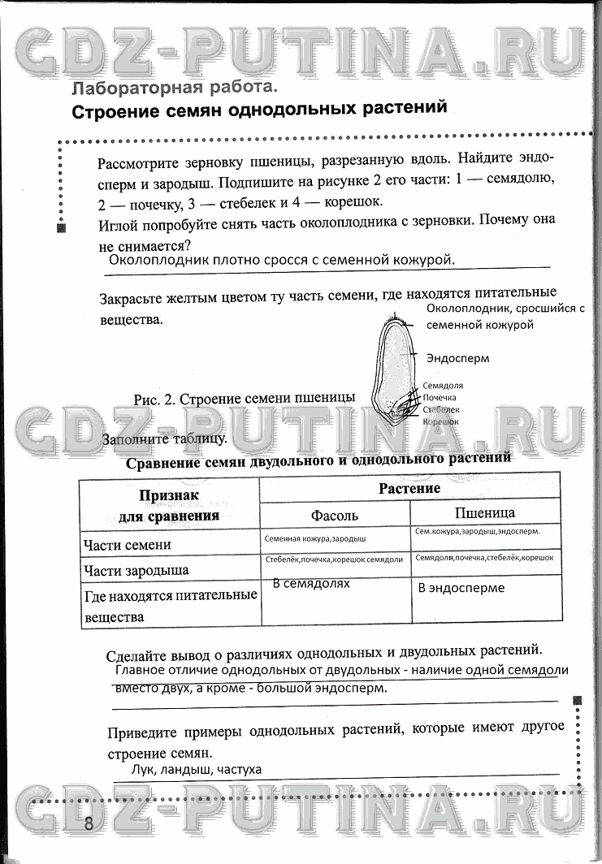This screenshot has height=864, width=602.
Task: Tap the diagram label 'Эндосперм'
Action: point(458,357)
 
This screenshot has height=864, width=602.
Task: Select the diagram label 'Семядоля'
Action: point(443,387)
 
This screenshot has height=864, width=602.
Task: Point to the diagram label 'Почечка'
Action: point(440,398)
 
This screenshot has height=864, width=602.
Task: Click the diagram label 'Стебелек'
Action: point(441,410)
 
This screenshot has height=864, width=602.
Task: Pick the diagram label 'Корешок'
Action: point(440,421)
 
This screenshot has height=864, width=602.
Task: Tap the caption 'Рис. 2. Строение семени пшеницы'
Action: point(244,398)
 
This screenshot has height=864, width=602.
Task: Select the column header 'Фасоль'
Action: point(334,515)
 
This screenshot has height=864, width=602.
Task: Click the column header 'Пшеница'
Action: point(484,512)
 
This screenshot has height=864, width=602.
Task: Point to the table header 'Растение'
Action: point(409,488)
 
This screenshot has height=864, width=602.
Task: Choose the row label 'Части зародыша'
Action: point(136,570)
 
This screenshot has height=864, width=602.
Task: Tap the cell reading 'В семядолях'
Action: point(311,583)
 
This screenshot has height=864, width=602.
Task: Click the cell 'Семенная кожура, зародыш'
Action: point(315,538)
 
